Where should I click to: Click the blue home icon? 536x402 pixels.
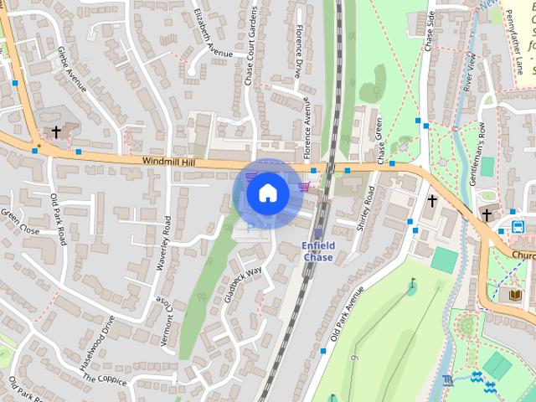267,193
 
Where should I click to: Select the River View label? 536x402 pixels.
471,71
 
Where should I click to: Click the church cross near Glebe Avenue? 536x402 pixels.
56,131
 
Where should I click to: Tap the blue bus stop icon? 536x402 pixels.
518,226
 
